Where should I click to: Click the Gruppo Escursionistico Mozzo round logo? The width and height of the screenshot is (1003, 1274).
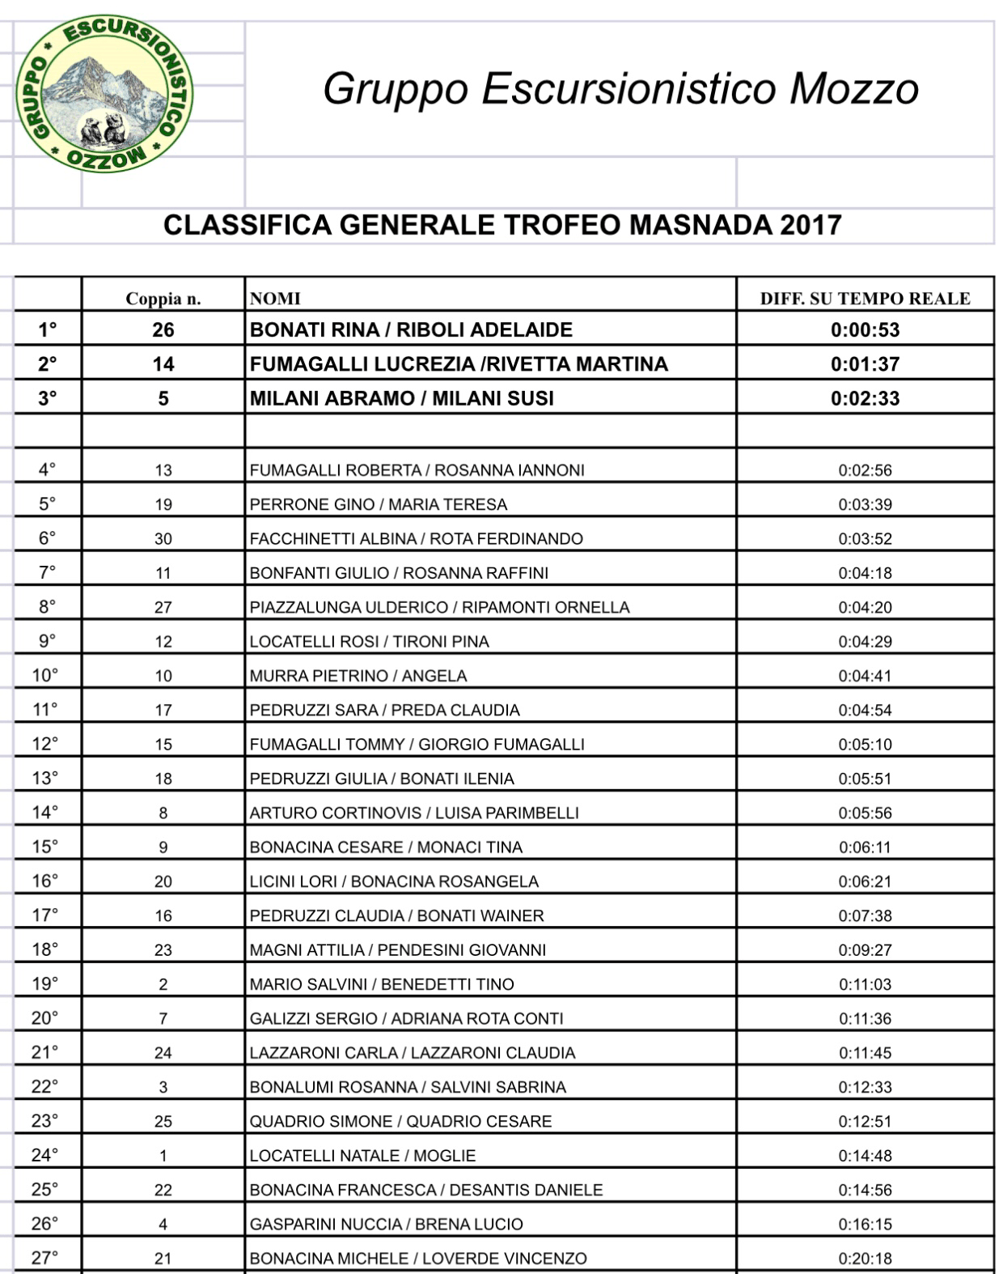(105, 92)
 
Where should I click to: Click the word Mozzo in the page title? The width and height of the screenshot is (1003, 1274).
(854, 88)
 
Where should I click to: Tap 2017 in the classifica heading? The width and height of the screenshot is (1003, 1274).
(810, 224)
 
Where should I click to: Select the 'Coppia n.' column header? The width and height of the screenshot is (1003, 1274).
(163, 299)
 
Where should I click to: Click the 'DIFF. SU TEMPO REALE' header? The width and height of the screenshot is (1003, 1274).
(865, 299)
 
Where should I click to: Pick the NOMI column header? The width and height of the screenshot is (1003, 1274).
(275, 299)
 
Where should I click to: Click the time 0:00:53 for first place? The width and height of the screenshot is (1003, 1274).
(865, 329)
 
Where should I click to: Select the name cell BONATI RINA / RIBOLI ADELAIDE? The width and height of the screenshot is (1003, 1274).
(411, 329)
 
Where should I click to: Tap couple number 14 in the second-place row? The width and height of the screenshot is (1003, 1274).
(163, 364)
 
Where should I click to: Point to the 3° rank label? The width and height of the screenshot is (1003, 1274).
(48, 398)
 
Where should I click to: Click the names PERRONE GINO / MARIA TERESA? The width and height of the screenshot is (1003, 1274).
(379, 504)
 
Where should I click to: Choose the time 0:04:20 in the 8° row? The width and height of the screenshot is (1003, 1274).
(865, 607)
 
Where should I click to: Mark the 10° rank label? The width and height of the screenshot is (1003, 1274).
(45, 675)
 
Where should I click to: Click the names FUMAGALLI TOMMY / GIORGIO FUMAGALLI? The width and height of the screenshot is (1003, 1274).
(417, 744)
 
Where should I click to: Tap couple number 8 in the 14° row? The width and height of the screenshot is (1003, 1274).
(163, 813)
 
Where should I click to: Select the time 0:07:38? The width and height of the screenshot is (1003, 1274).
(865, 915)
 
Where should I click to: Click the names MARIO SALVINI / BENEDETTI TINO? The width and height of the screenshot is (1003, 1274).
(382, 984)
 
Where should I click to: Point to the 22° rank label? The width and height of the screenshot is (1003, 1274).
(45, 1086)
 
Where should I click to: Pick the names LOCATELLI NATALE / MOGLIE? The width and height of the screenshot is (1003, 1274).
(362, 1156)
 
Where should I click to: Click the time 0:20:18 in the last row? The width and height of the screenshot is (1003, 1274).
(865, 1258)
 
